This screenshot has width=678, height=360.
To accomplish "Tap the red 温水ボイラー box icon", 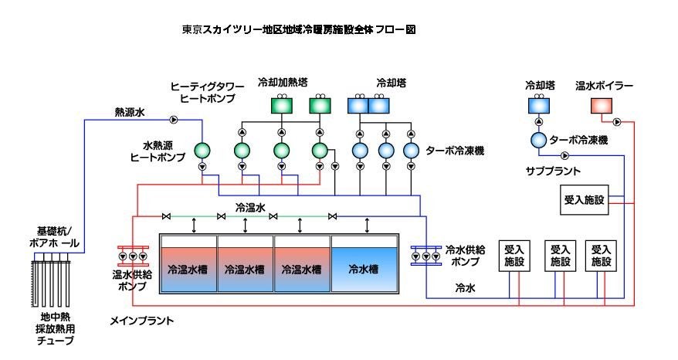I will [x=601, y=106].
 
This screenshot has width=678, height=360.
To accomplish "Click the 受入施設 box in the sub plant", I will [x=584, y=200].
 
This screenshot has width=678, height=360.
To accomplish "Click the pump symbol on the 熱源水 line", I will [x=174, y=120].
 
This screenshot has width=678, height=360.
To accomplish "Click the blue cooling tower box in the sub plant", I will [x=537, y=106].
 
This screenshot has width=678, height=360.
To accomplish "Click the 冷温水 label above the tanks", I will [x=252, y=208].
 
